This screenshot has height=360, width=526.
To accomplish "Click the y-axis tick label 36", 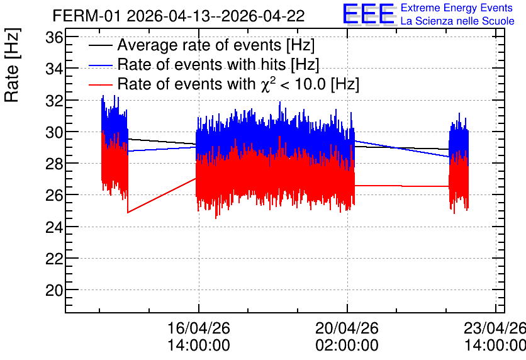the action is [x=54, y=37].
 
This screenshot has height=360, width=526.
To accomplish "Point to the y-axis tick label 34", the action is [x=54, y=69].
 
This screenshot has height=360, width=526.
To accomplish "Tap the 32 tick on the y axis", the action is [x=54, y=101].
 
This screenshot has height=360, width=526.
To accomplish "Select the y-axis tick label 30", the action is [x=54, y=133].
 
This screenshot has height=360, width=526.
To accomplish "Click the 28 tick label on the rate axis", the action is [x=54, y=164].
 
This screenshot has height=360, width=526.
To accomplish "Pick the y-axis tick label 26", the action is [x=54, y=195].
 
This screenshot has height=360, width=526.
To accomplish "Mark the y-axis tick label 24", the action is [x=54, y=227].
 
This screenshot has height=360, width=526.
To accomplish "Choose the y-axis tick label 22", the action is [x=54, y=259].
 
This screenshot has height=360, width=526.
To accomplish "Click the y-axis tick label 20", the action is [x=54, y=290].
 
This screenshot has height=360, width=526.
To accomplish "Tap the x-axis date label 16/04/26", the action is [x=199, y=328].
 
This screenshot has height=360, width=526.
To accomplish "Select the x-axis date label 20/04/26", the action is [x=347, y=328].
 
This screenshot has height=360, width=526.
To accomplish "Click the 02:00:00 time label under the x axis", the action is [x=347, y=346].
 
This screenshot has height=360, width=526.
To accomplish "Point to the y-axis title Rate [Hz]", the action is [x=12, y=65].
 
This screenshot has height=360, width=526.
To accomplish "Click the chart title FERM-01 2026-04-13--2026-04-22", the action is [x=179, y=16].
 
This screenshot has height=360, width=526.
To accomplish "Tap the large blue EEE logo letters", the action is [x=369, y=14].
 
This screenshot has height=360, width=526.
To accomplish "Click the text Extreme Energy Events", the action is [x=457, y=8].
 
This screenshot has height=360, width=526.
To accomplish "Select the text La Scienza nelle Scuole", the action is [x=457, y=21].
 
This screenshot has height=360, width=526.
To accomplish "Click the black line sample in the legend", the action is [x=100, y=45].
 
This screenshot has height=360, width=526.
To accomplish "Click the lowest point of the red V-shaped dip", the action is [x=128, y=213].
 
